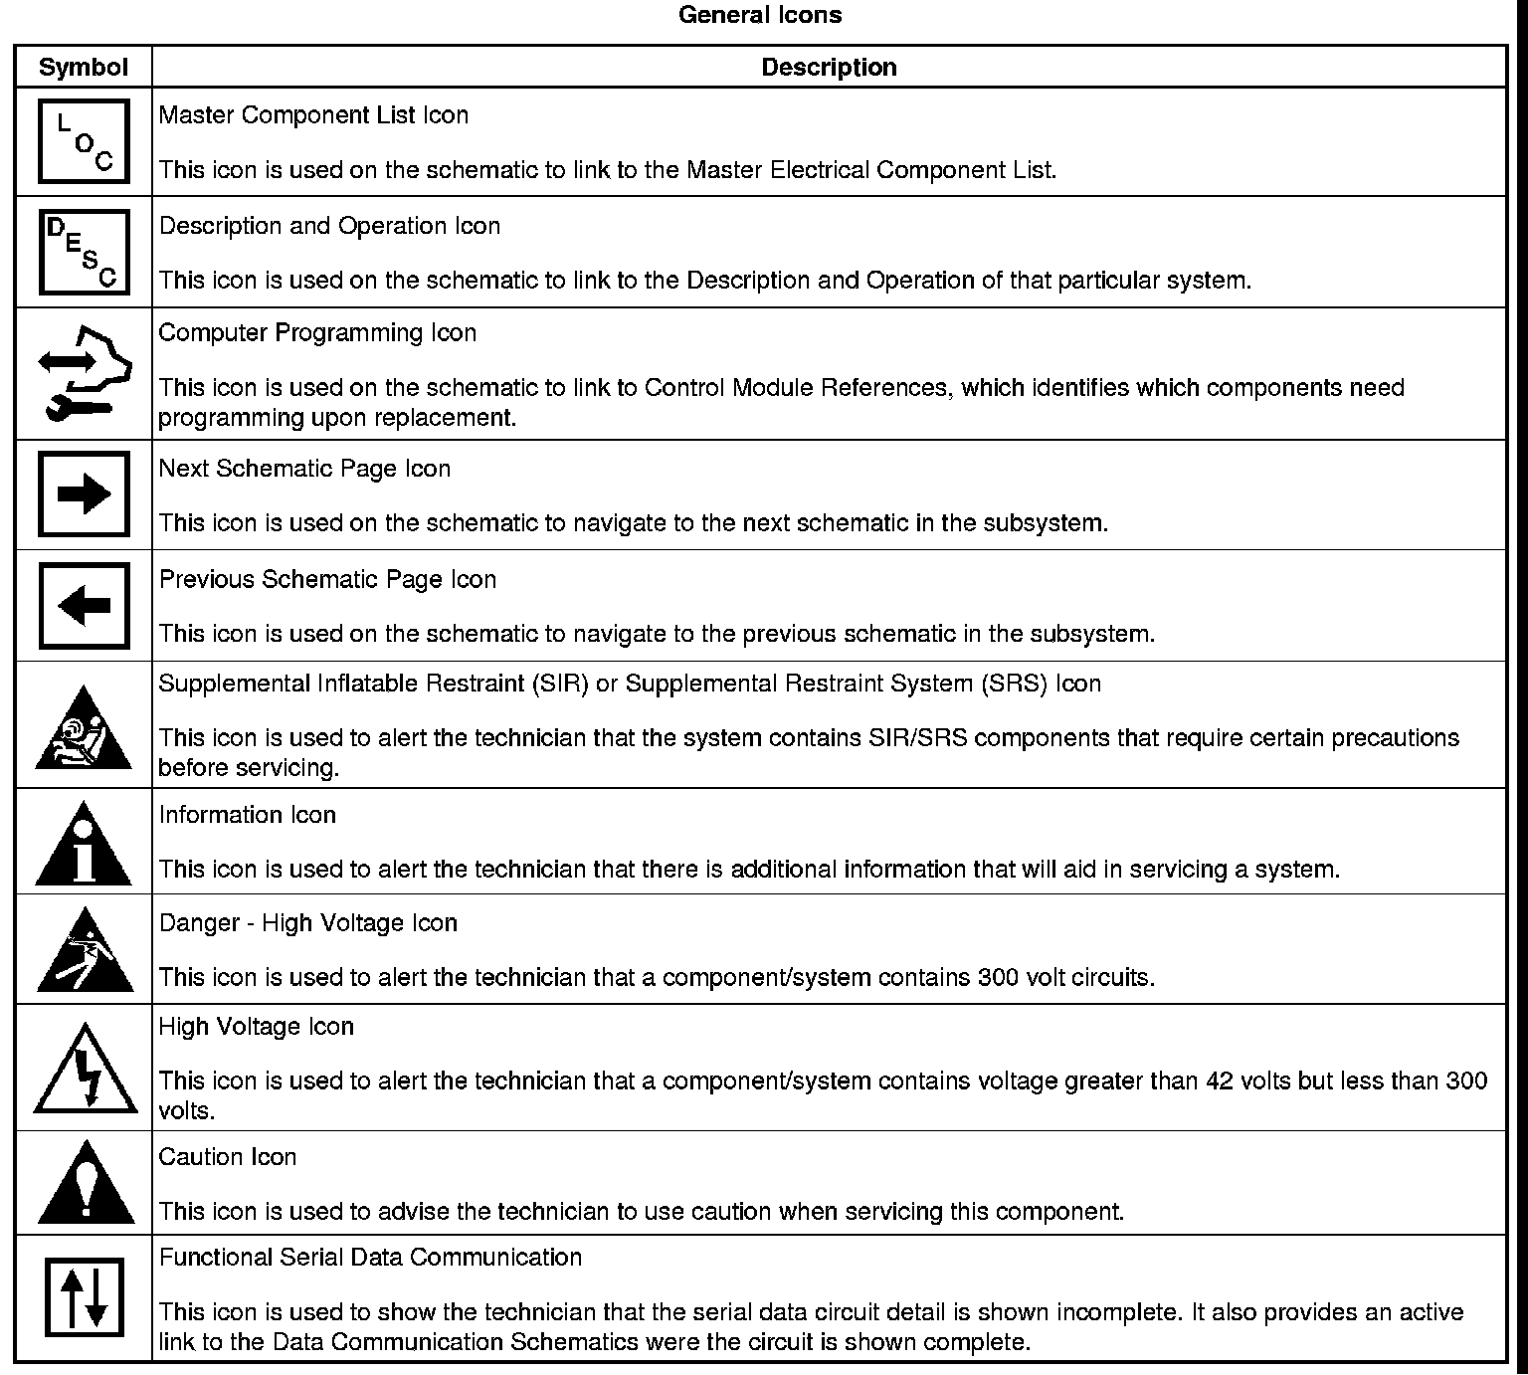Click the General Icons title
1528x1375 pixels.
[760, 15]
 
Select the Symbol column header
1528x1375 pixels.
[84, 67]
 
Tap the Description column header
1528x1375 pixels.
[829, 67]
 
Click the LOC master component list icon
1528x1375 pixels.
[84, 141]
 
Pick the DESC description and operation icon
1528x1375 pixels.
[84, 252]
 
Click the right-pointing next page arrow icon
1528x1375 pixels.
[84, 494]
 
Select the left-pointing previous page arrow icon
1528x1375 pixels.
[84, 606]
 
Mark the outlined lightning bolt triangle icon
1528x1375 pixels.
[86, 1072]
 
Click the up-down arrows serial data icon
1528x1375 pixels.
[84, 1297]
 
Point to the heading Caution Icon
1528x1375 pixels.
[228, 1157]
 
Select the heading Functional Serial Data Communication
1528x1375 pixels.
[370, 1258]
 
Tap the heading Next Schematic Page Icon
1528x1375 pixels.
[304, 469]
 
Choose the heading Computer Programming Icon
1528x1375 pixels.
[317, 332]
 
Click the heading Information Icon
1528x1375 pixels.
[248, 815]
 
